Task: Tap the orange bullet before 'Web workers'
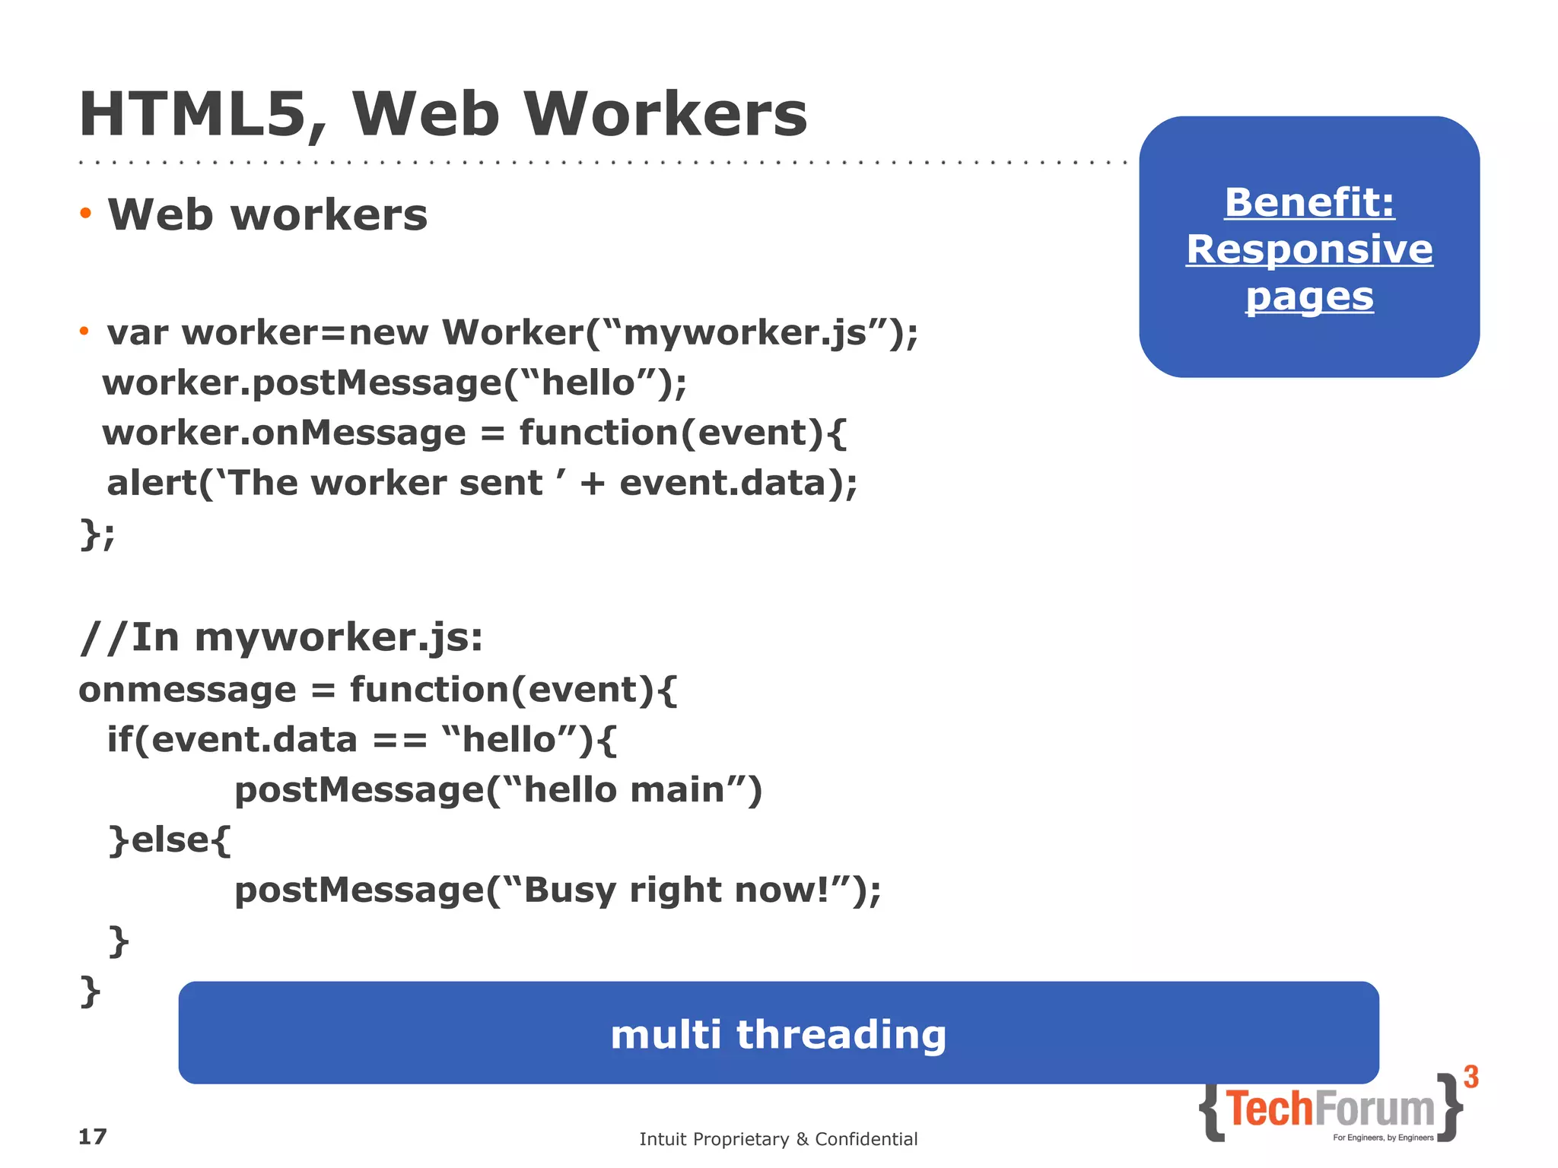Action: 85,214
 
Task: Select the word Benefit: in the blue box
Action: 1309,202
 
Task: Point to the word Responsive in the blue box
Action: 1309,249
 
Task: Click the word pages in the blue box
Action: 1309,297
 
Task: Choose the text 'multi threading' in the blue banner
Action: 778,1034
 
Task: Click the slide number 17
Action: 93,1137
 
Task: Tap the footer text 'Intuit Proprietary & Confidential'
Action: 778,1139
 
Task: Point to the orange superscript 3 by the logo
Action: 1471,1078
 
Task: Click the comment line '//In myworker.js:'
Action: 281,637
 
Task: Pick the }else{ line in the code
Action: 170,840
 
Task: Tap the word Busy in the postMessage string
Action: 569,890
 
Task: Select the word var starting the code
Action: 137,333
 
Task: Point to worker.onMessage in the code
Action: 284,433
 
